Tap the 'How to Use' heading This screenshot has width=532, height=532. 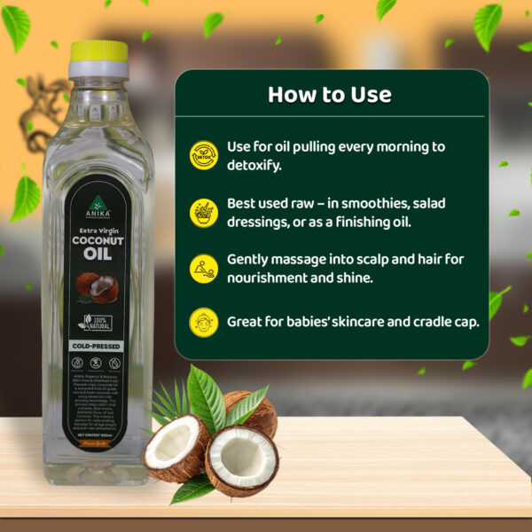pos(329,94)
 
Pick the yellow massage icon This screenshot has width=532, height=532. pos(204,269)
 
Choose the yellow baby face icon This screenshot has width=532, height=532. pos(204,322)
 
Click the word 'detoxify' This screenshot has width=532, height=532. pos(259,165)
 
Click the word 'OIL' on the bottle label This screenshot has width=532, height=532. pos(97,254)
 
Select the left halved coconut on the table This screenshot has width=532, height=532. pos(176,445)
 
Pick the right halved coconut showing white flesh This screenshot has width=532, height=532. pos(241,459)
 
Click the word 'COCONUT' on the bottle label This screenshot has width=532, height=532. pos(97,239)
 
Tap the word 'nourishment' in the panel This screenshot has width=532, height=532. pos(271,278)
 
